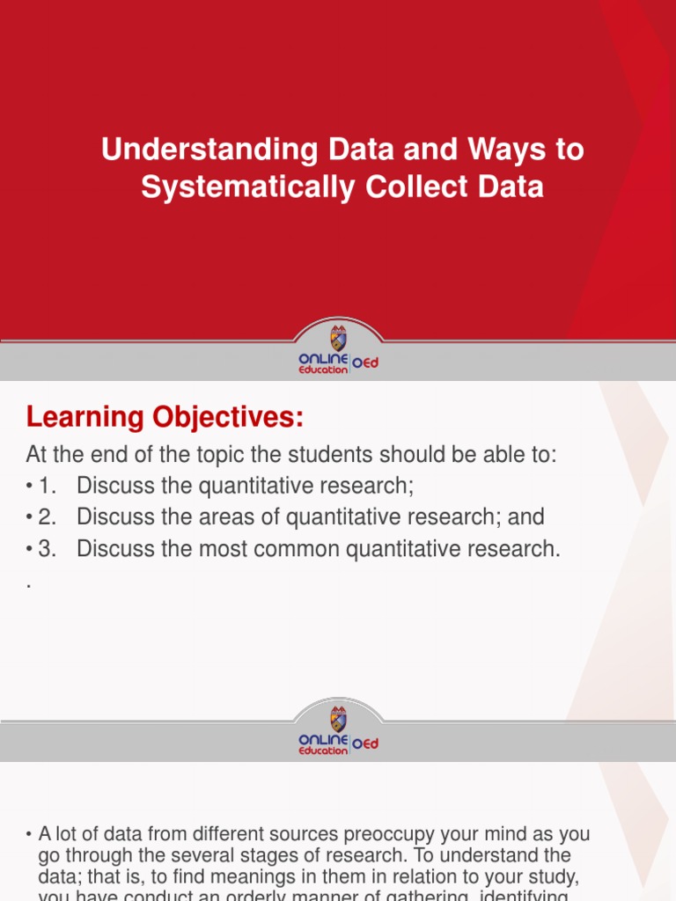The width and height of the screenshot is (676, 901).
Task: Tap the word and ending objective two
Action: tap(525, 517)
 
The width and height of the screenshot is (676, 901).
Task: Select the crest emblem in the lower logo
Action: tap(338, 717)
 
